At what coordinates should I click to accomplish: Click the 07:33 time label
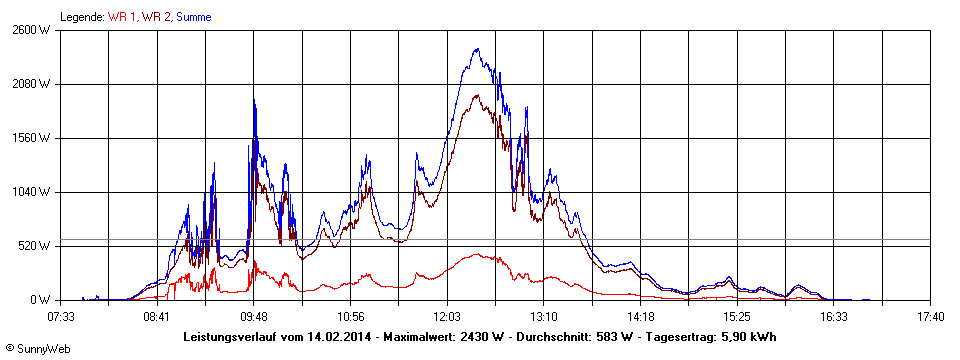(x=61, y=317)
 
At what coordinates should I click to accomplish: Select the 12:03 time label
(x=447, y=317)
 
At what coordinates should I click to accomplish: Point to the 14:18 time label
(x=640, y=317)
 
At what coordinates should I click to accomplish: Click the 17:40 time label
(x=930, y=317)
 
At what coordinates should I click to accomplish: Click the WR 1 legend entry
(x=124, y=17)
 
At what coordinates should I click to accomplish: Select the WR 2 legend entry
(x=157, y=17)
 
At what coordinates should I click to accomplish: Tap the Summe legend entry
(x=194, y=17)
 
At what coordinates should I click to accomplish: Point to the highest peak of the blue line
(x=477, y=48)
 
